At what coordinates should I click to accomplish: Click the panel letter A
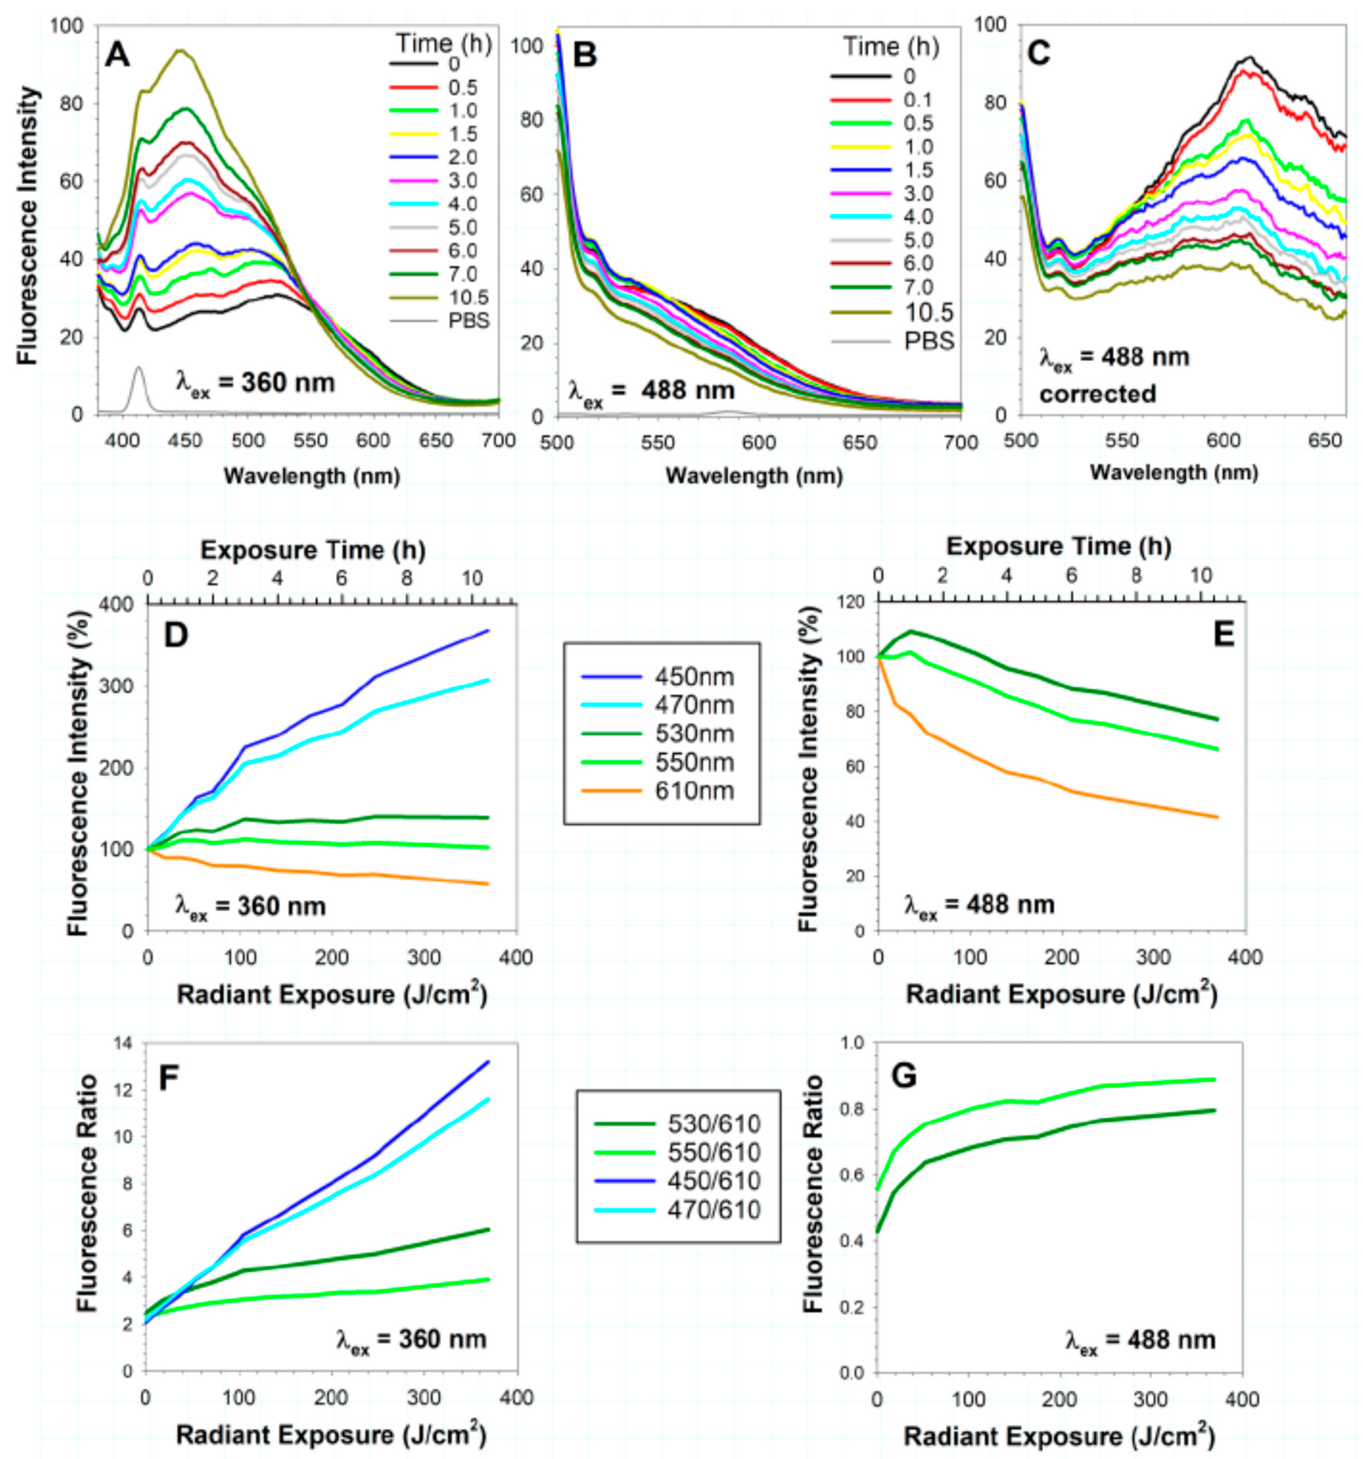click(x=118, y=55)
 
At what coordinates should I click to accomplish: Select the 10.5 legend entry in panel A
click(x=468, y=297)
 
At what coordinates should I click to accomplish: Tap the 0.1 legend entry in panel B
click(x=918, y=100)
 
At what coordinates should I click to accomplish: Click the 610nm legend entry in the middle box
click(x=694, y=791)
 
